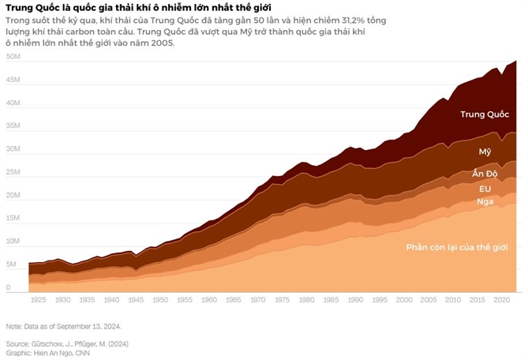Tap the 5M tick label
click(13, 265)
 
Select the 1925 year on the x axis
click(38, 301)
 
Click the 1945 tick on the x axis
click(136, 301)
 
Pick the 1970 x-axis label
click(258, 301)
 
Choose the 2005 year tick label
click(429, 301)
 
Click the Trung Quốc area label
click(485, 114)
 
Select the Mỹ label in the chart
click(485, 151)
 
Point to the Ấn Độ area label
click(485, 174)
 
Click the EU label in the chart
click(485, 189)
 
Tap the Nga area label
click(485, 202)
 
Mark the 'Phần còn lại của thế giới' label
click(456, 247)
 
